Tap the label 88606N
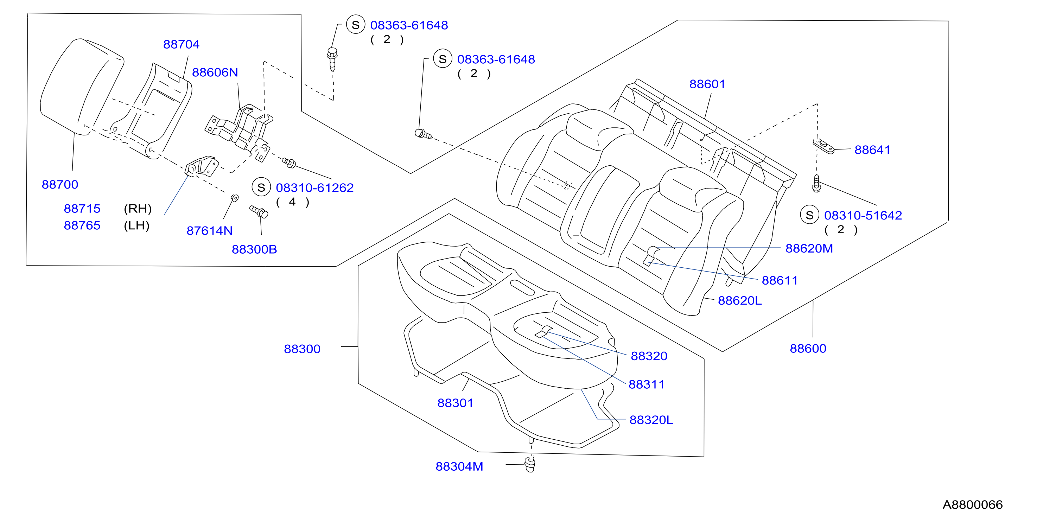click(x=215, y=72)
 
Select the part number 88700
click(x=59, y=184)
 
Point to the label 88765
click(x=82, y=225)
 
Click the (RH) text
click(x=138, y=209)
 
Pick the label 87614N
click(x=209, y=230)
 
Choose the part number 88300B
click(x=254, y=249)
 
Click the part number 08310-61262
click(x=314, y=187)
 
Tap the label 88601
click(x=707, y=84)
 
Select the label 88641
click(x=872, y=149)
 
